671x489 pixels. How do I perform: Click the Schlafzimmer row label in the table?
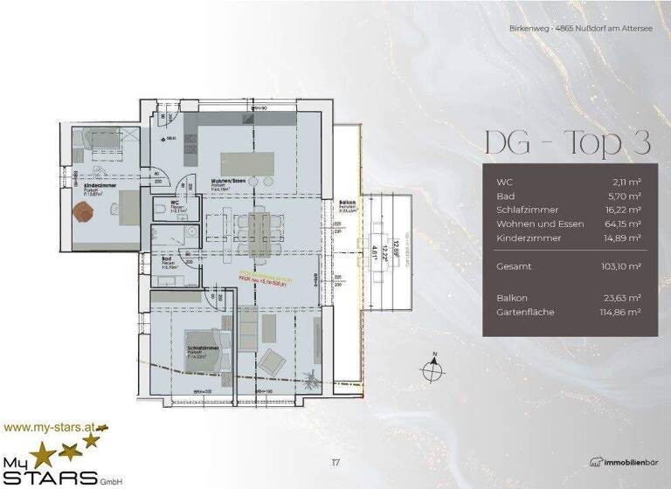[x=524, y=210]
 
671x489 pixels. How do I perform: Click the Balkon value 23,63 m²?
[x=625, y=298]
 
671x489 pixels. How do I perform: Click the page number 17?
[x=336, y=462]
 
